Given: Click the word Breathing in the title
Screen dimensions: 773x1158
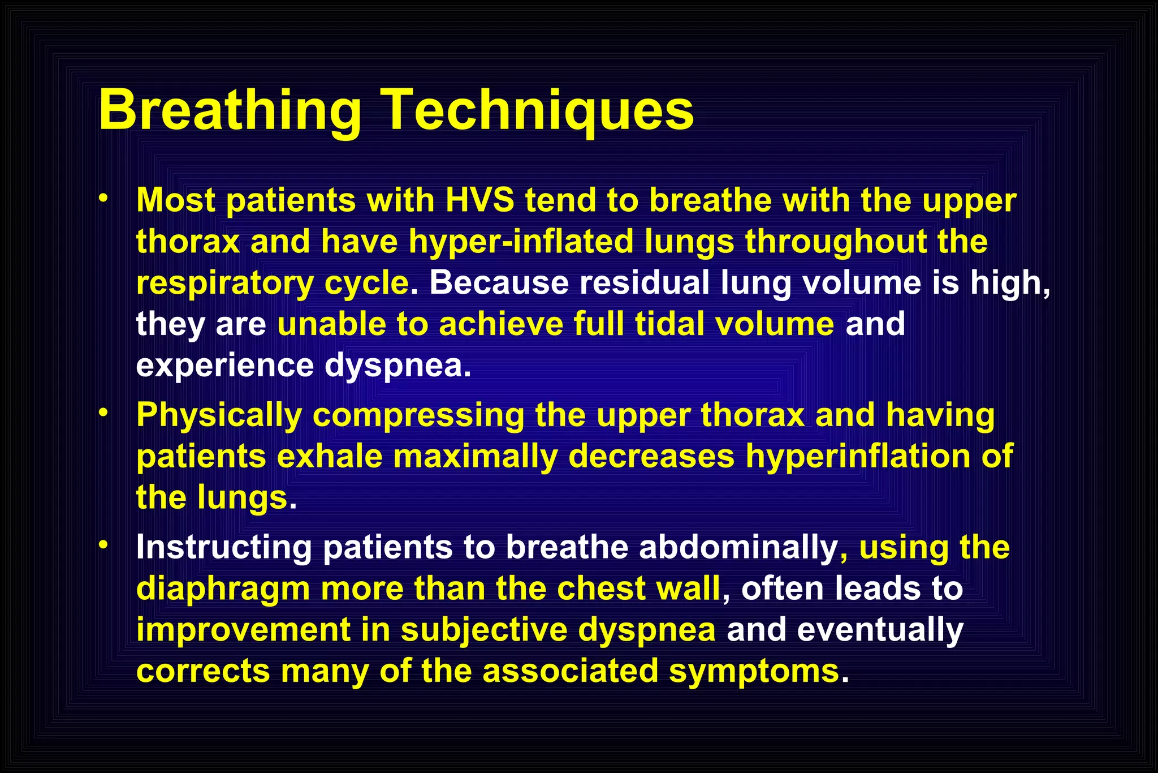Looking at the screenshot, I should pyautogui.click(x=230, y=110).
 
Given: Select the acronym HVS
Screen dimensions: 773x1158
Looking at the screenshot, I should pyautogui.click(x=480, y=200).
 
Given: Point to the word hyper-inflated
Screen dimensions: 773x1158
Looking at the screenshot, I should pyautogui.click(x=521, y=242).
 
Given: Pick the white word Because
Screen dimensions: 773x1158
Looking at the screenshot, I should pyautogui.click(x=499, y=282).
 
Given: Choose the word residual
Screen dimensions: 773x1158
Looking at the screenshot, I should pyautogui.click(x=644, y=282).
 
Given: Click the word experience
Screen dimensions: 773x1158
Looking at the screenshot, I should pyautogui.click(x=224, y=365).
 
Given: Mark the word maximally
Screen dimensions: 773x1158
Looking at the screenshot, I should pyautogui.click(x=476, y=456).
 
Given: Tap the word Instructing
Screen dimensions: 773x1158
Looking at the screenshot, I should pyautogui.click(x=224, y=547).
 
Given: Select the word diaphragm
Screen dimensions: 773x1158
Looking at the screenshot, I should pyautogui.click(x=223, y=589).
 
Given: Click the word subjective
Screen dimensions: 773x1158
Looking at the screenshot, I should pyautogui.click(x=484, y=630).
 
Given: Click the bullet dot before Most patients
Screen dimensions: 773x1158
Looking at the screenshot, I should pyautogui.click(x=102, y=199).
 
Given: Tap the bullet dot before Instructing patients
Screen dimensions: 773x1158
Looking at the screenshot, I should pyautogui.click(x=102, y=545).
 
